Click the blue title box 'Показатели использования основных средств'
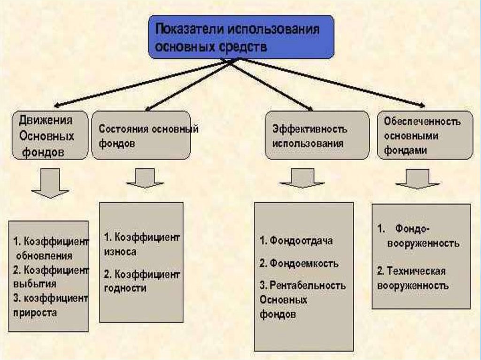[241, 37]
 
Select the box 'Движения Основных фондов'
[50, 135]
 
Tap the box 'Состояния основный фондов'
[141, 135]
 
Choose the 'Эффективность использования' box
[317, 135]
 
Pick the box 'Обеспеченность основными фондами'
[425, 135]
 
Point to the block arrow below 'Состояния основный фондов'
[145, 178]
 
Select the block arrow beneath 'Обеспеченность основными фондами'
[418, 179]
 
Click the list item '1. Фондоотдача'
[295, 241]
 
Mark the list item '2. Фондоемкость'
[298, 263]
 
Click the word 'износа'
[120, 252]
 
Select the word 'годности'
[125, 288]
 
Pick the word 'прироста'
[36, 312]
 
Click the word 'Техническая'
[415, 271]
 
